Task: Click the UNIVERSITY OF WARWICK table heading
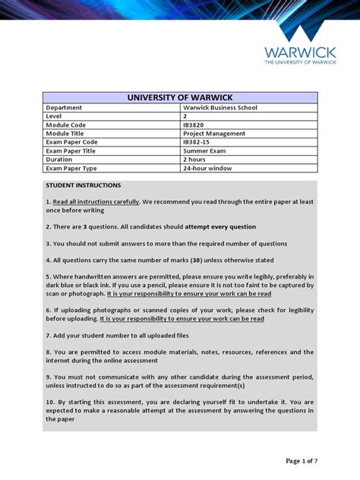coord(180,97)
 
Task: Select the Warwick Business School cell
coord(215,108)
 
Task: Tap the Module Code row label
coord(66,125)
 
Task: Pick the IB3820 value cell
coord(194,125)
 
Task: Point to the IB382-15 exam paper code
coord(197,142)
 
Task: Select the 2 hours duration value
coord(194,159)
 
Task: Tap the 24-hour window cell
coord(207,169)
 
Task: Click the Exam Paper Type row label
coord(71,169)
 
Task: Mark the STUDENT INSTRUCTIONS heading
coord(83,185)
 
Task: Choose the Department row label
coord(64,108)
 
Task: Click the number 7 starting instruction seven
coord(48,336)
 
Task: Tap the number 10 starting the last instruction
coord(49,402)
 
